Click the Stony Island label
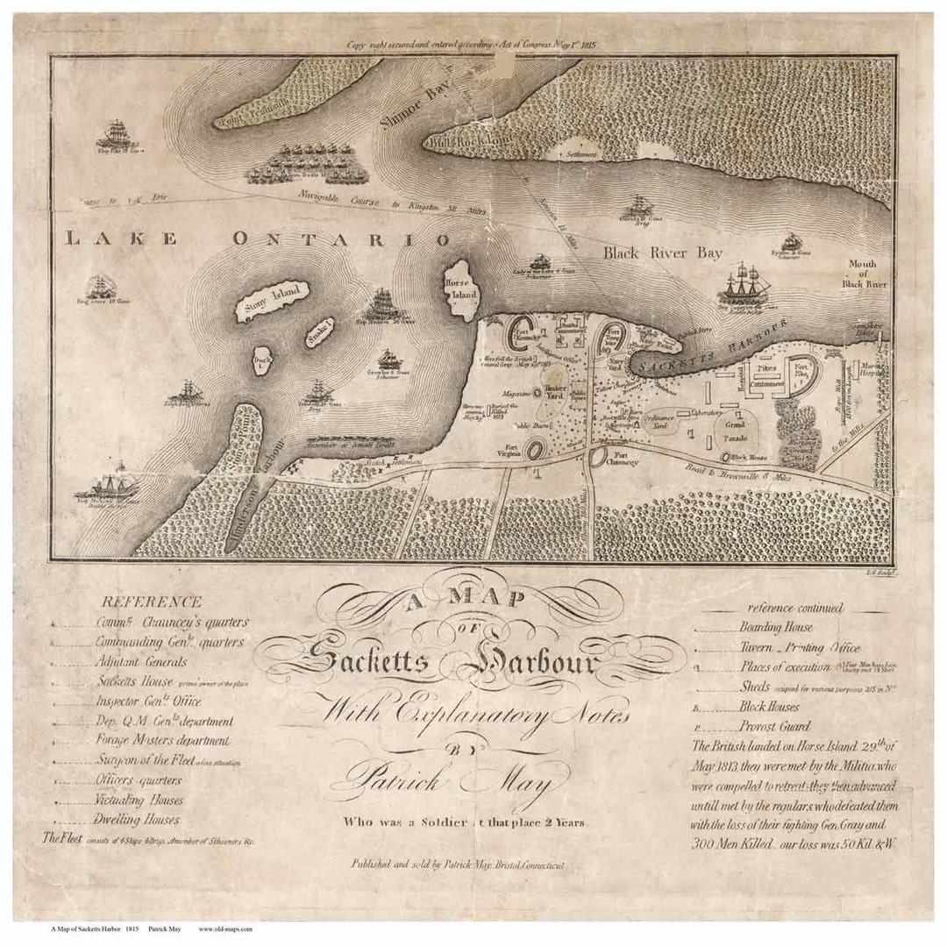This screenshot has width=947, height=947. (274, 298)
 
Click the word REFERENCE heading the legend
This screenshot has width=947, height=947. (152, 602)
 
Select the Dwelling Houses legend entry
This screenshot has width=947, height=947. (137, 820)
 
